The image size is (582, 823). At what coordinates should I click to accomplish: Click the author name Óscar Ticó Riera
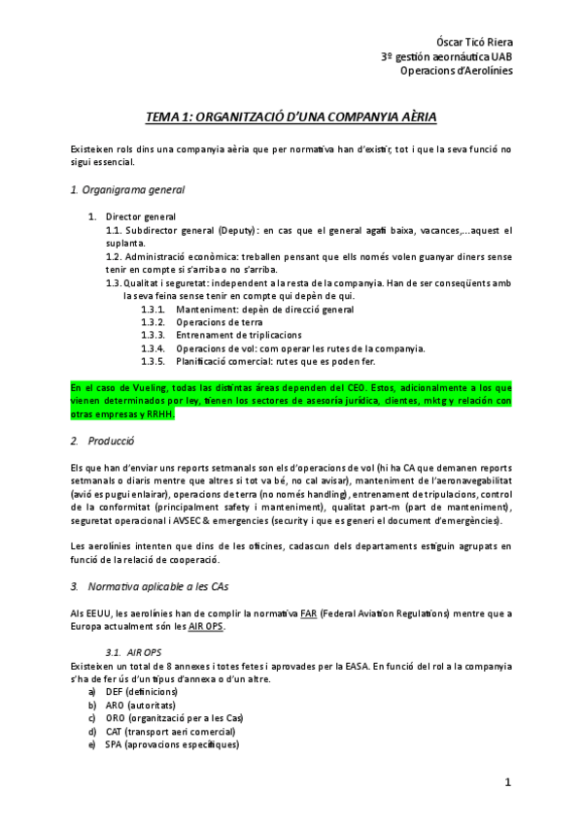(469, 42)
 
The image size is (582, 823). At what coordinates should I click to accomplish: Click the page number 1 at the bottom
(507, 782)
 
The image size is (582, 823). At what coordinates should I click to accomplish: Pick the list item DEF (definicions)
(146, 692)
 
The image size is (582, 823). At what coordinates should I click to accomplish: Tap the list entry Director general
(141, 216)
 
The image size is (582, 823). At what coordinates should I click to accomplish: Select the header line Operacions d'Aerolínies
(456, 69)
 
